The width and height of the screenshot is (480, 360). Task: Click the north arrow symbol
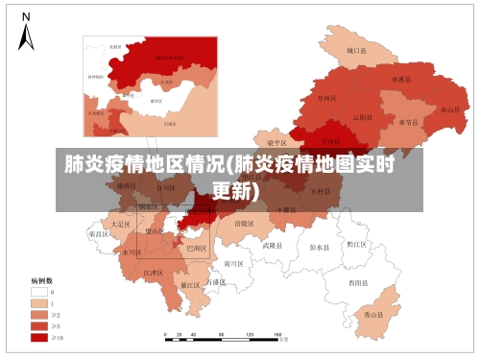27,33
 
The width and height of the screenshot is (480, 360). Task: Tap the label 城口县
356,50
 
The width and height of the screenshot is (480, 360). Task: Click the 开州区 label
327,98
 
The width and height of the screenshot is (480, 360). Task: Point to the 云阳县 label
363,117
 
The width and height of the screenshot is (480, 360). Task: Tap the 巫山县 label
448,109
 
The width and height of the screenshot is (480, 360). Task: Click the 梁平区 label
275,142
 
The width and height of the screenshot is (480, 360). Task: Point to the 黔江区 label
357,245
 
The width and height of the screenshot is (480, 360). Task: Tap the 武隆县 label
274,246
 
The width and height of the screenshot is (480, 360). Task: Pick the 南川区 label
233,262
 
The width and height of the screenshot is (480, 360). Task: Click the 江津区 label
153,273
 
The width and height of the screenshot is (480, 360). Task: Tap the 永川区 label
132,252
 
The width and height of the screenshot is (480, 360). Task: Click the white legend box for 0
39,291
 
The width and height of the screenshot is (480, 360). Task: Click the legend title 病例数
40,280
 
